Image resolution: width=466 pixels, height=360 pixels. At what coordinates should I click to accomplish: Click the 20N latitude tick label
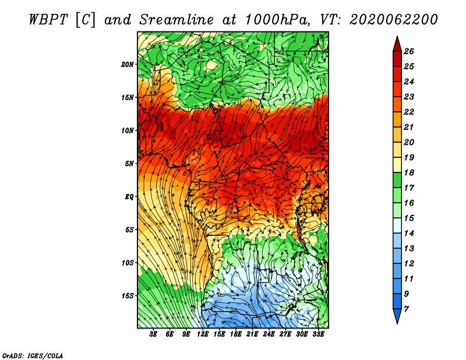coord(128,65)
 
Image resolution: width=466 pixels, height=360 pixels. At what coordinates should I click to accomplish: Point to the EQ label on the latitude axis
coord(129,197)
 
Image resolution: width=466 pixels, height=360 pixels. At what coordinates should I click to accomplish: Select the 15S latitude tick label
coord(128,296)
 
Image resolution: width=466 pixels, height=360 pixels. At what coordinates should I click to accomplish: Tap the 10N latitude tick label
coord(128,130)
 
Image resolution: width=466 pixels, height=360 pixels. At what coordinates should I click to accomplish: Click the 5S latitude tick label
coord(129,230)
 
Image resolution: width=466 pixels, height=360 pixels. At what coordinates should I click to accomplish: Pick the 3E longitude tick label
coord(153,334)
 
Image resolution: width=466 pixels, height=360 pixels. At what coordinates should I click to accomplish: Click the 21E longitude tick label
coord(252,334)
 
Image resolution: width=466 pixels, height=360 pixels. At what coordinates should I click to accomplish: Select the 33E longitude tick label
coord(318,334)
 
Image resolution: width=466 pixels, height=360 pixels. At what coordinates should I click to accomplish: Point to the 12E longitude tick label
coord(202,334)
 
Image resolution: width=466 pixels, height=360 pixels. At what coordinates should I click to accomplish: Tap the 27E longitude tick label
coord(285,334)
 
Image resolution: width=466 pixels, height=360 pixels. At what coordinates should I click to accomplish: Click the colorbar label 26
coord(409,51)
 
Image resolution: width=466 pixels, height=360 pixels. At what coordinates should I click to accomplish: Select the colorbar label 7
coord(406,309)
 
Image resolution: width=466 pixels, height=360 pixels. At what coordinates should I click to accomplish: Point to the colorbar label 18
coord(409,172)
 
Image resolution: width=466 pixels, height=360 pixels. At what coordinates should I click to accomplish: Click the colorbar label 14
coord(409,234)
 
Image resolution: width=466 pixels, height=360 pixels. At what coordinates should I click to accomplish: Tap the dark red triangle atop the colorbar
coord(397,45)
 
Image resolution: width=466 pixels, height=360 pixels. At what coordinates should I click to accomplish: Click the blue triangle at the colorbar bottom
coord(397,315)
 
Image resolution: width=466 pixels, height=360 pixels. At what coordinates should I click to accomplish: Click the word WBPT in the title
coord(49,20)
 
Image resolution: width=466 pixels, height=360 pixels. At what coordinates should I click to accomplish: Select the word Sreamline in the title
coord(176,20)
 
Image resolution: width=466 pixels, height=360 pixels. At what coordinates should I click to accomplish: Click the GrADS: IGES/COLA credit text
coord(33,356)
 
